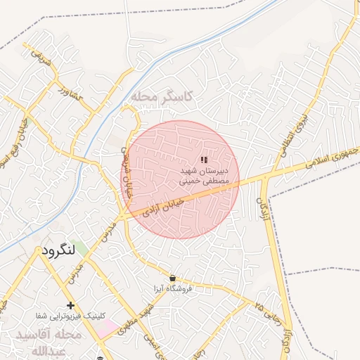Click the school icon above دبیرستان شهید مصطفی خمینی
[x=204, y=160]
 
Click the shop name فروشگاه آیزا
[x=173, y=288]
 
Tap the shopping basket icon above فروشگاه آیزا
[x=173, y=278]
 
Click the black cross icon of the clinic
[x=70, y=305]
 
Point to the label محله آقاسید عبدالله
[x=49, y=342]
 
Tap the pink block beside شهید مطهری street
[x=108, y=327]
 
